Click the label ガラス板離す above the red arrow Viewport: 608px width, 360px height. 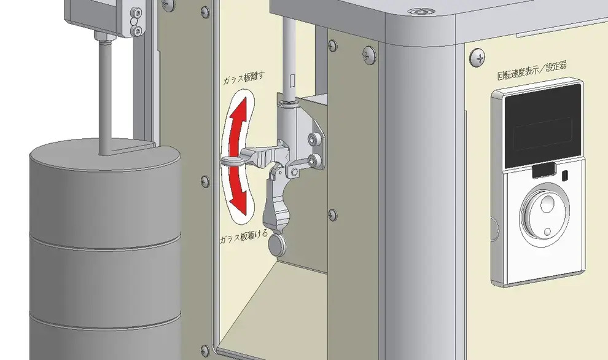(x=244, y=79)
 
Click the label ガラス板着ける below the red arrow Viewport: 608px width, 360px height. (x=244, y=237)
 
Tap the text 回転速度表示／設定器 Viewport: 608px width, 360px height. (x=532, y=70)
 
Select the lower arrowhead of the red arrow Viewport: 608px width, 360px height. (x=238, y=204)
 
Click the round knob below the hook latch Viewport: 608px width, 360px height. (x=277, y=245)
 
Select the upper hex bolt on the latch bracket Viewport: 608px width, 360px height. (x=313, y=138)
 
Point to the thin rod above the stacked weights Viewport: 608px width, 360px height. (x=104, y=97)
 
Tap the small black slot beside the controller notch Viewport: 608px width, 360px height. (x=566, y=175)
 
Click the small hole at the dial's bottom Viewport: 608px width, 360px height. (x=548, y=232)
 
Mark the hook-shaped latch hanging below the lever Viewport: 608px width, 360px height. (x=278, y=198)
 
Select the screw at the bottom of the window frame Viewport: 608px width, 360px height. (x=205, y=351)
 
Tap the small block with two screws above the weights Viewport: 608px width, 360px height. (x=134, y=22)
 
